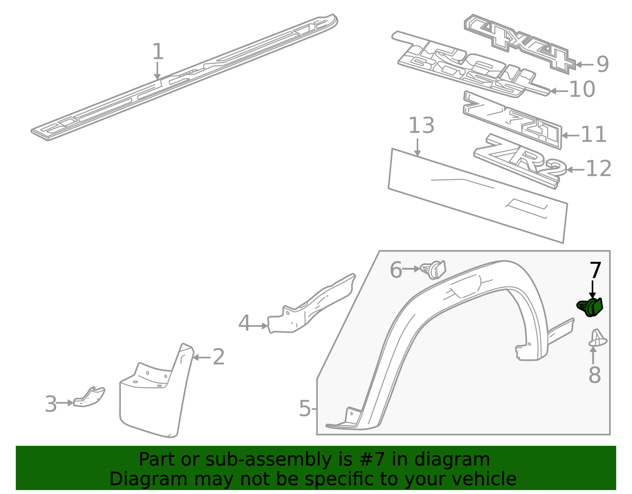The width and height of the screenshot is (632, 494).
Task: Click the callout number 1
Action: [158, 51]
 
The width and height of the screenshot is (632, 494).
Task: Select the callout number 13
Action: [421, 125]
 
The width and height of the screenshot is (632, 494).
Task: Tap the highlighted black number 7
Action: [595, 270]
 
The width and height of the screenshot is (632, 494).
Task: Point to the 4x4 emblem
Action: [519, 44]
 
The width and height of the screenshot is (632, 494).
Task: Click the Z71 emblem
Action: [512, 120]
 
